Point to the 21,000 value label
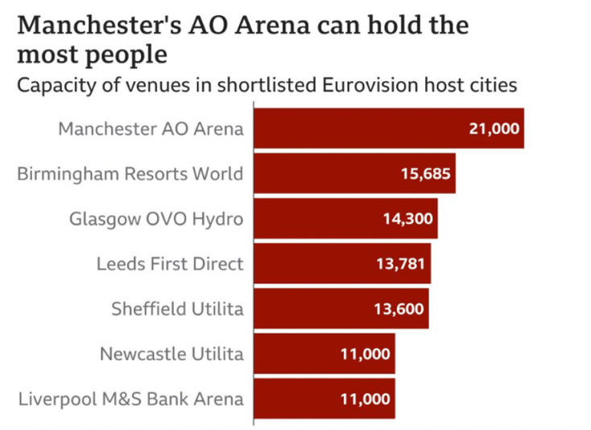[x=494, y=128]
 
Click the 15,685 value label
[x=426, y=173]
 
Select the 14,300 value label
[x=407, y=218]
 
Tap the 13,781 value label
[x=401, y=263]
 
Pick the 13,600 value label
[x=399, y=308]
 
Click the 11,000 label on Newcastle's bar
[x=366, y=354]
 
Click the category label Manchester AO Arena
[x=151, y=128]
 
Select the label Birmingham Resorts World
[x=130, y=173]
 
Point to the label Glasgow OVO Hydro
[x=156, y=218]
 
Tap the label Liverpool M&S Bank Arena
[x=130, y=399]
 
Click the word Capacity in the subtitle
[x=53, y=85]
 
